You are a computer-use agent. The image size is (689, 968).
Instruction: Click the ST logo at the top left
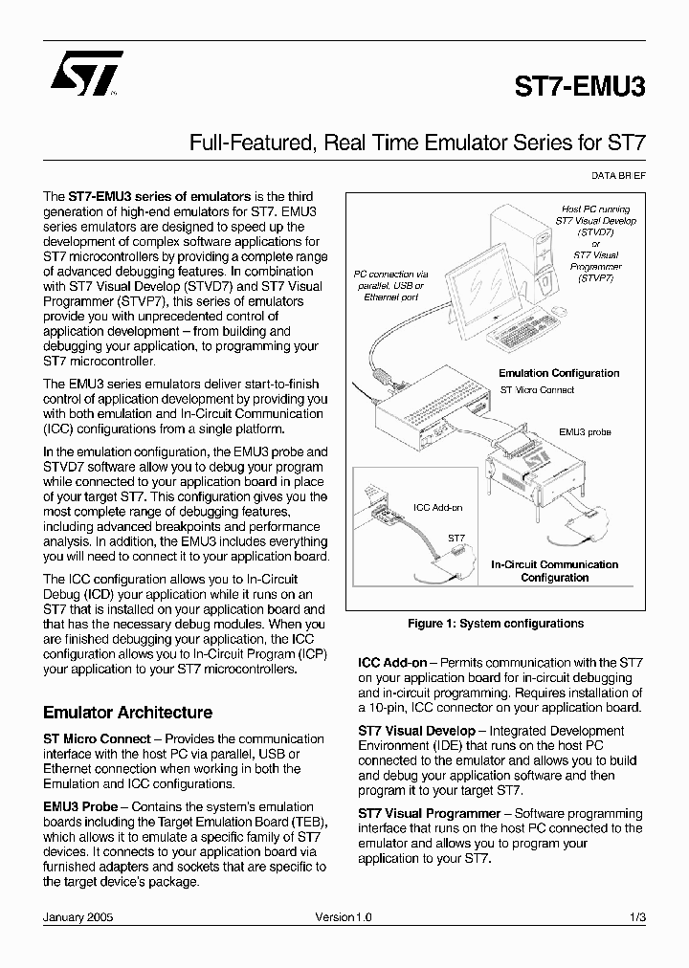click(x=86, y=77)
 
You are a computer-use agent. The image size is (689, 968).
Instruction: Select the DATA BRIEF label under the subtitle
click(x=617, y=176)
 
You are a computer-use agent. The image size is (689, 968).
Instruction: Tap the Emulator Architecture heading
click(x=127, y=713)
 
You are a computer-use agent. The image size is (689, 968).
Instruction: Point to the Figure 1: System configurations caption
click(x=495, y=624)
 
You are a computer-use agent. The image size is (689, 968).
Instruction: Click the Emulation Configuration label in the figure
click(x=559, y=373)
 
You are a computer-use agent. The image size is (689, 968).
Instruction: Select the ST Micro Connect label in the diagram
click(x=537, y=390)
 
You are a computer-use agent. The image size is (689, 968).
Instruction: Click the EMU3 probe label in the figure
click(x=585, y=432)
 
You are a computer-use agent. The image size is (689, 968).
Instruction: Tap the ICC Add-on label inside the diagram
click(x=437, y=507)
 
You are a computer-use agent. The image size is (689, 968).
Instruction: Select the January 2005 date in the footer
click(x=78, y=916)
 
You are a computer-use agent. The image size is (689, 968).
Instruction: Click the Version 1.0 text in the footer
click(x=344, y=916)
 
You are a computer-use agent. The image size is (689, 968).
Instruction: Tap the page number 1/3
click(x=638, y=916)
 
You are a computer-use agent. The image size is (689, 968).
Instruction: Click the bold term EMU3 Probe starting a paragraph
click(x=80, y=806)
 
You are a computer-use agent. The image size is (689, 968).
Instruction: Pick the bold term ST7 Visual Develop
click(x=416, y=731)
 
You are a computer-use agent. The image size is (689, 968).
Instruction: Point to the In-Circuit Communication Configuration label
click(x=555, y=571)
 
